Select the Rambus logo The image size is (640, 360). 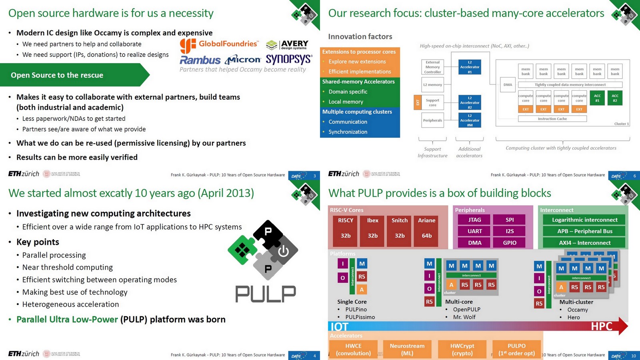click(x=200, y=60)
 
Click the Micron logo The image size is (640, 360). click(x=243, y=60)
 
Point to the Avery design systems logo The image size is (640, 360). click(x=287, y=45)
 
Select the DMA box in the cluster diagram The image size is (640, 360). click(x=508, y=85)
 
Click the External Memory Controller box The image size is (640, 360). click(x=432, y=67)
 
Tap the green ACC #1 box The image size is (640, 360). click(x=597, y=98)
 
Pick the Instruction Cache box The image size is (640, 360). click(x=552, y=119)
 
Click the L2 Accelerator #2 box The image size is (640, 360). click(x=470, y=103)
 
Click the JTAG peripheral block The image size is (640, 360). click(x=475, y=220)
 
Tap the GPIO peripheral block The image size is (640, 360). click(x=510, y=242)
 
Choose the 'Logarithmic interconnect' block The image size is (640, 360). click(x=584, y=220)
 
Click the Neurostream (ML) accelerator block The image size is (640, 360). click(x=407, y=349)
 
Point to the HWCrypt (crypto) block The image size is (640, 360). click(x=462, y=349)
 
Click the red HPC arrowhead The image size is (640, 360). click(x=622, y=326)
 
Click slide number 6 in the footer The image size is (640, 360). click(x=634, y=176)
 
